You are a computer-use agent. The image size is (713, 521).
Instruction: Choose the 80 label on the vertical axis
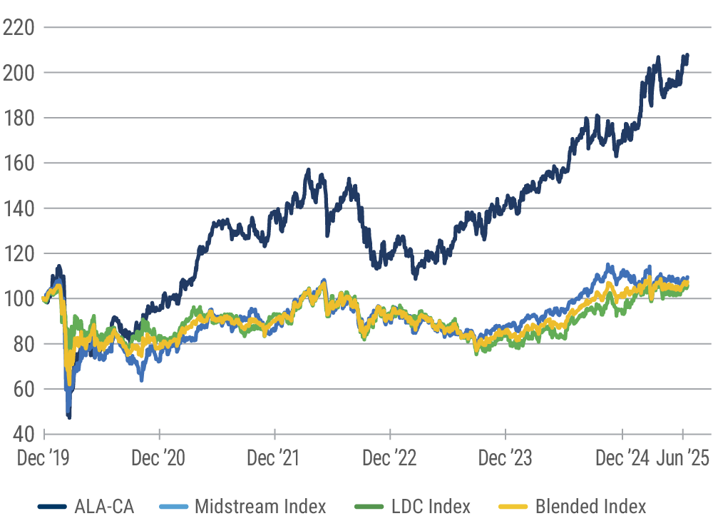pyautogui.click(x=23, y=344)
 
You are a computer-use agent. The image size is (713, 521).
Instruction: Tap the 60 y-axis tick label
pyautogui.click(x=23, y=389)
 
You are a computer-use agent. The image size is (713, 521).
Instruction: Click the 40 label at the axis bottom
pyautogui.click(x=23, y=434)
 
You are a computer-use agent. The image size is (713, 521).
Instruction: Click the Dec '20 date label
pyautogui.click(x=160, y=458)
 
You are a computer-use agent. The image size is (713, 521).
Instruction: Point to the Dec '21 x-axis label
pyautogui.click(x=275, y=458)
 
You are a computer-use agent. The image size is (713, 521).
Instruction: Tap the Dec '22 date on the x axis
pyautogui.click(x=390, y=458)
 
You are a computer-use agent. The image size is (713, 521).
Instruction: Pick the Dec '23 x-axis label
pyautogui.click(x=506, y=458)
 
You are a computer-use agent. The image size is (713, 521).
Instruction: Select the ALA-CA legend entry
pyautogui.click(x=104, y=507)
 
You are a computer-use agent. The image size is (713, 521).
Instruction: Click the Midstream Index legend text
pyautogui.click(x=261, y=507)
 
